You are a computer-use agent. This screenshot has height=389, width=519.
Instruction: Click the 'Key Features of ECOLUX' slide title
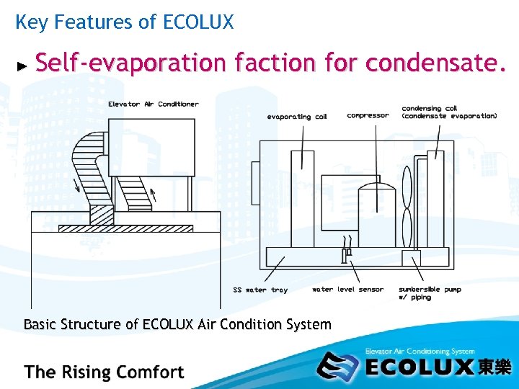[124, 22]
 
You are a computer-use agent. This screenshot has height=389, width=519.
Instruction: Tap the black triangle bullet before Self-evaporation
[22, 66]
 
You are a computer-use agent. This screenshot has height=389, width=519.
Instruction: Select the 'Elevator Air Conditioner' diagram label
[154, 104]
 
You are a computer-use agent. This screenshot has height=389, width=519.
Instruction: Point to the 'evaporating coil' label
[297, 116]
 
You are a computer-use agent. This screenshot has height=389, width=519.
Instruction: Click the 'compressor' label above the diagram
[368, 115]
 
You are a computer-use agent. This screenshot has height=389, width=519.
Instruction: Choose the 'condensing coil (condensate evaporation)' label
[449, 112]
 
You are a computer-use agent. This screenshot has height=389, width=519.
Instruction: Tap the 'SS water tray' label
[260, 290]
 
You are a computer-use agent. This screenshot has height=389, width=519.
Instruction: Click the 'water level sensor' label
[347, 290]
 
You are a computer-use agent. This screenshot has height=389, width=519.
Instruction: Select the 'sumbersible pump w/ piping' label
[430, 292]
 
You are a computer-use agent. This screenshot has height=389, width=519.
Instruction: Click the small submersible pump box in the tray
[411, 258]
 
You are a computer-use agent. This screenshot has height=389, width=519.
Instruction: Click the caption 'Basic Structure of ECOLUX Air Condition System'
[177, 324]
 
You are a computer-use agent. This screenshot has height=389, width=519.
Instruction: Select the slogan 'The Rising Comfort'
[105, 372]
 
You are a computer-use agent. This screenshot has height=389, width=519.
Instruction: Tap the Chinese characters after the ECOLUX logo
[494, 367]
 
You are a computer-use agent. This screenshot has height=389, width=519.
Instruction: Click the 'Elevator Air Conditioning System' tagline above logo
[420, 351]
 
